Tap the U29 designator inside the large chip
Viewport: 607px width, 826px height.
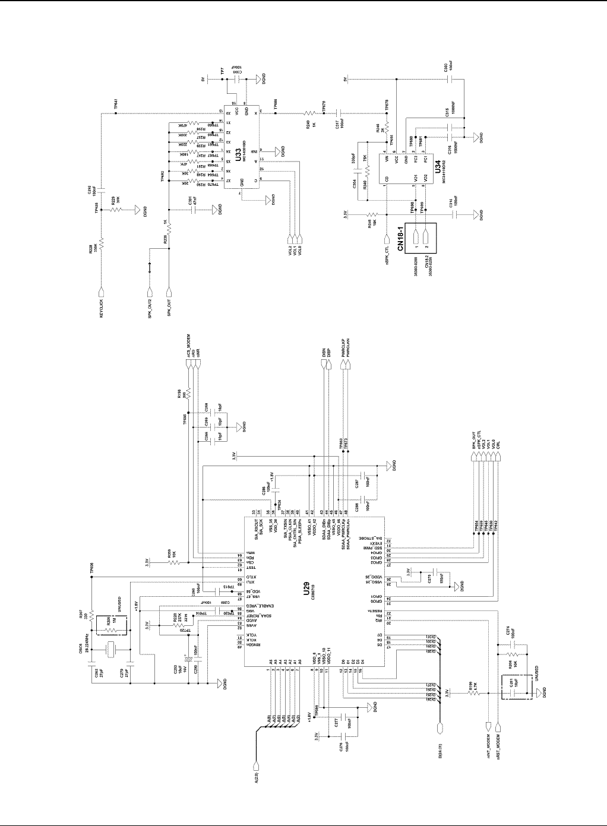(x=305, y=590)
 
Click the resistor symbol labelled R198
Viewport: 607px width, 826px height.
(x=188, y=395)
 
